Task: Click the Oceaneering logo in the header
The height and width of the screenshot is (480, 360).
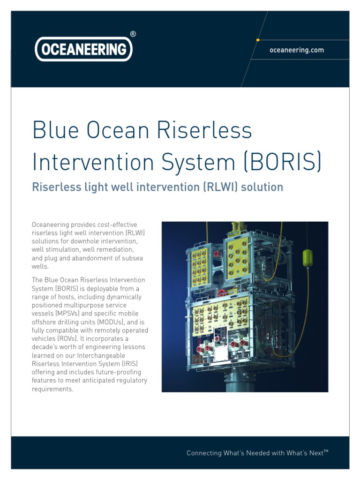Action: coord(83,49)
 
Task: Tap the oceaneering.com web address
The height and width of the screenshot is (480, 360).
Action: coord(296,50)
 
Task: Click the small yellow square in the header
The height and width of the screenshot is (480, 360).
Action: coord(258,40)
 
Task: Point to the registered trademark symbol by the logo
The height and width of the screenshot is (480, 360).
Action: coord(133,34)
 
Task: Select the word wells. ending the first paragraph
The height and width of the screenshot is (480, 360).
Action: coord(40,266)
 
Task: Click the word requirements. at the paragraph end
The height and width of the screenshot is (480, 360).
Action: coord(52,389)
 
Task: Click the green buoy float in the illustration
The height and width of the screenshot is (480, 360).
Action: coord(307,258)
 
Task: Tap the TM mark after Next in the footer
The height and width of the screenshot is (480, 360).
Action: coord(326,451)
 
